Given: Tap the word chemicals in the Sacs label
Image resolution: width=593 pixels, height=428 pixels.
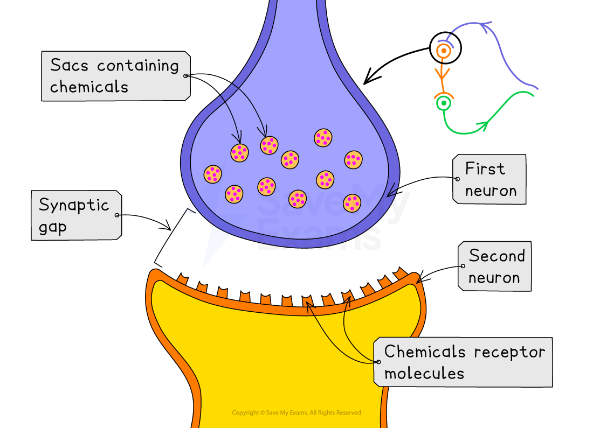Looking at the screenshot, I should [x=89, y=87].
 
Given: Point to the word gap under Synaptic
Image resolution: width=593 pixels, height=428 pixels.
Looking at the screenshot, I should [x=52, y=227].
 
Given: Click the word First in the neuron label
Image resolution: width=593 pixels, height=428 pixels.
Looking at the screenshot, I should [x=485, y=169].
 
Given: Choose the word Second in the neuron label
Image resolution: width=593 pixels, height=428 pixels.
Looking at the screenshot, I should [x=497, y=256].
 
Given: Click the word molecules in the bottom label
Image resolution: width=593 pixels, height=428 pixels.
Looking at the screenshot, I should [x=424, y=374].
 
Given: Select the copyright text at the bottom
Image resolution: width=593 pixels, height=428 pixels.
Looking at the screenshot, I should [x=296, y=413].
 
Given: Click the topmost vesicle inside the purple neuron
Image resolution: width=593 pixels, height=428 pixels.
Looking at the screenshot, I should [x=323, y=137].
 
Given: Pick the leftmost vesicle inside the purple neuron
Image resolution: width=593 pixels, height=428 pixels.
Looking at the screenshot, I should [x=212, y=174].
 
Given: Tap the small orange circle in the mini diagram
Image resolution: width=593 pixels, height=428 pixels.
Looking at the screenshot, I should [x=443, y=51].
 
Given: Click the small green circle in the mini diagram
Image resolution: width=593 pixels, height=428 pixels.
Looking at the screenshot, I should [x=443, y=102].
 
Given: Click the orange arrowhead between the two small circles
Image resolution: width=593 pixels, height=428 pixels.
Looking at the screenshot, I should [x=443, y=72].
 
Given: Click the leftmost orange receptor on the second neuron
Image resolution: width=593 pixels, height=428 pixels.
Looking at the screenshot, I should [x=183, y=280].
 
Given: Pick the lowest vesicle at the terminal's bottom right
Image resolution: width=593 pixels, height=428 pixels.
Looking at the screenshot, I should [x=351, y=203].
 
